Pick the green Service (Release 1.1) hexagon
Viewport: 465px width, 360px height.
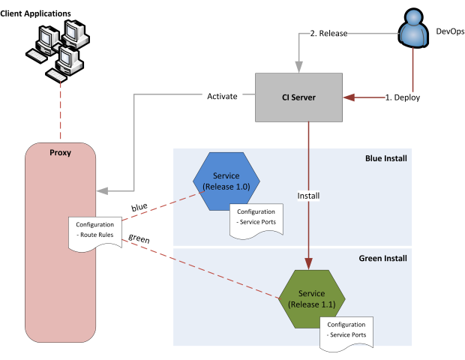tap(311, 298)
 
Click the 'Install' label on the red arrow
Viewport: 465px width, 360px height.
tap(308, 196)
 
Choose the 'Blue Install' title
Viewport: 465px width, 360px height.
tap(386, 158)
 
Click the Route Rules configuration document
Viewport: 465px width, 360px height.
tap(95, 229)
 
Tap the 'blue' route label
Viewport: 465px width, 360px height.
tap(139, 208)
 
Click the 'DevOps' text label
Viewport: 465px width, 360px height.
tap(450, 31)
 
